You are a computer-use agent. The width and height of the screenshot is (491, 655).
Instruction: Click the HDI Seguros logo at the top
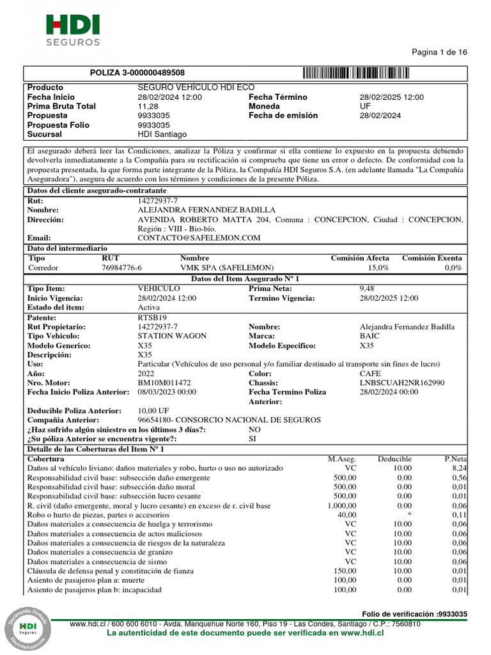click(72, 31)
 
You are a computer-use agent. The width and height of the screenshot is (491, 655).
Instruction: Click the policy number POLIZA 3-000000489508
click(137, 73)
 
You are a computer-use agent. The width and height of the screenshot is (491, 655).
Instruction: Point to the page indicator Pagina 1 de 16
click(440, 52)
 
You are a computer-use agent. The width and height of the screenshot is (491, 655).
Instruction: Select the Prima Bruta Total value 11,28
click(148, 106)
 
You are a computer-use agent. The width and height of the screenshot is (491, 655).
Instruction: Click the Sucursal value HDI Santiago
click(162, 135)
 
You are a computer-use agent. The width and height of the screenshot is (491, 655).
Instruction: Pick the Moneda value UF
click(365, 106)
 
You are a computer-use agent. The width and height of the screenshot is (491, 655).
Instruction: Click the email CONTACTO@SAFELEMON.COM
click(199, 238)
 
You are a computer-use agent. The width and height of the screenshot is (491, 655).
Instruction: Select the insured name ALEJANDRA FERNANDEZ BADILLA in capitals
click(207, 210)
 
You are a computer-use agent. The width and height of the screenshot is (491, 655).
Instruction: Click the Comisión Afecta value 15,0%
click(377, 267)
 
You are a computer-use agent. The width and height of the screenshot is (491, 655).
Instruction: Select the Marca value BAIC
click(370, 336)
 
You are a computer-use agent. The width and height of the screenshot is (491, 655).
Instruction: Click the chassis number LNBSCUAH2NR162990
click(402, 383)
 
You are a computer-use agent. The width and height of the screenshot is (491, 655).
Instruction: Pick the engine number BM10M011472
click(164, 383)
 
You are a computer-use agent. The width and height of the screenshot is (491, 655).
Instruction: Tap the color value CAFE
click(371, 373)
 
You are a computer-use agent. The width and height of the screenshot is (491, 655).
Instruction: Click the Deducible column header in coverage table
click(394, 459)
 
